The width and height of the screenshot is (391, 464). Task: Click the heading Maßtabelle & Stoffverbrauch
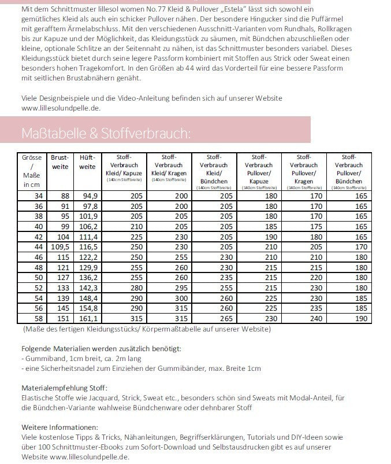(105, 134)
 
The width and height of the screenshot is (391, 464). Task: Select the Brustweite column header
(60, 162)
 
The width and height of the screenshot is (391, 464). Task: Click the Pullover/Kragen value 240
(315, 318)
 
